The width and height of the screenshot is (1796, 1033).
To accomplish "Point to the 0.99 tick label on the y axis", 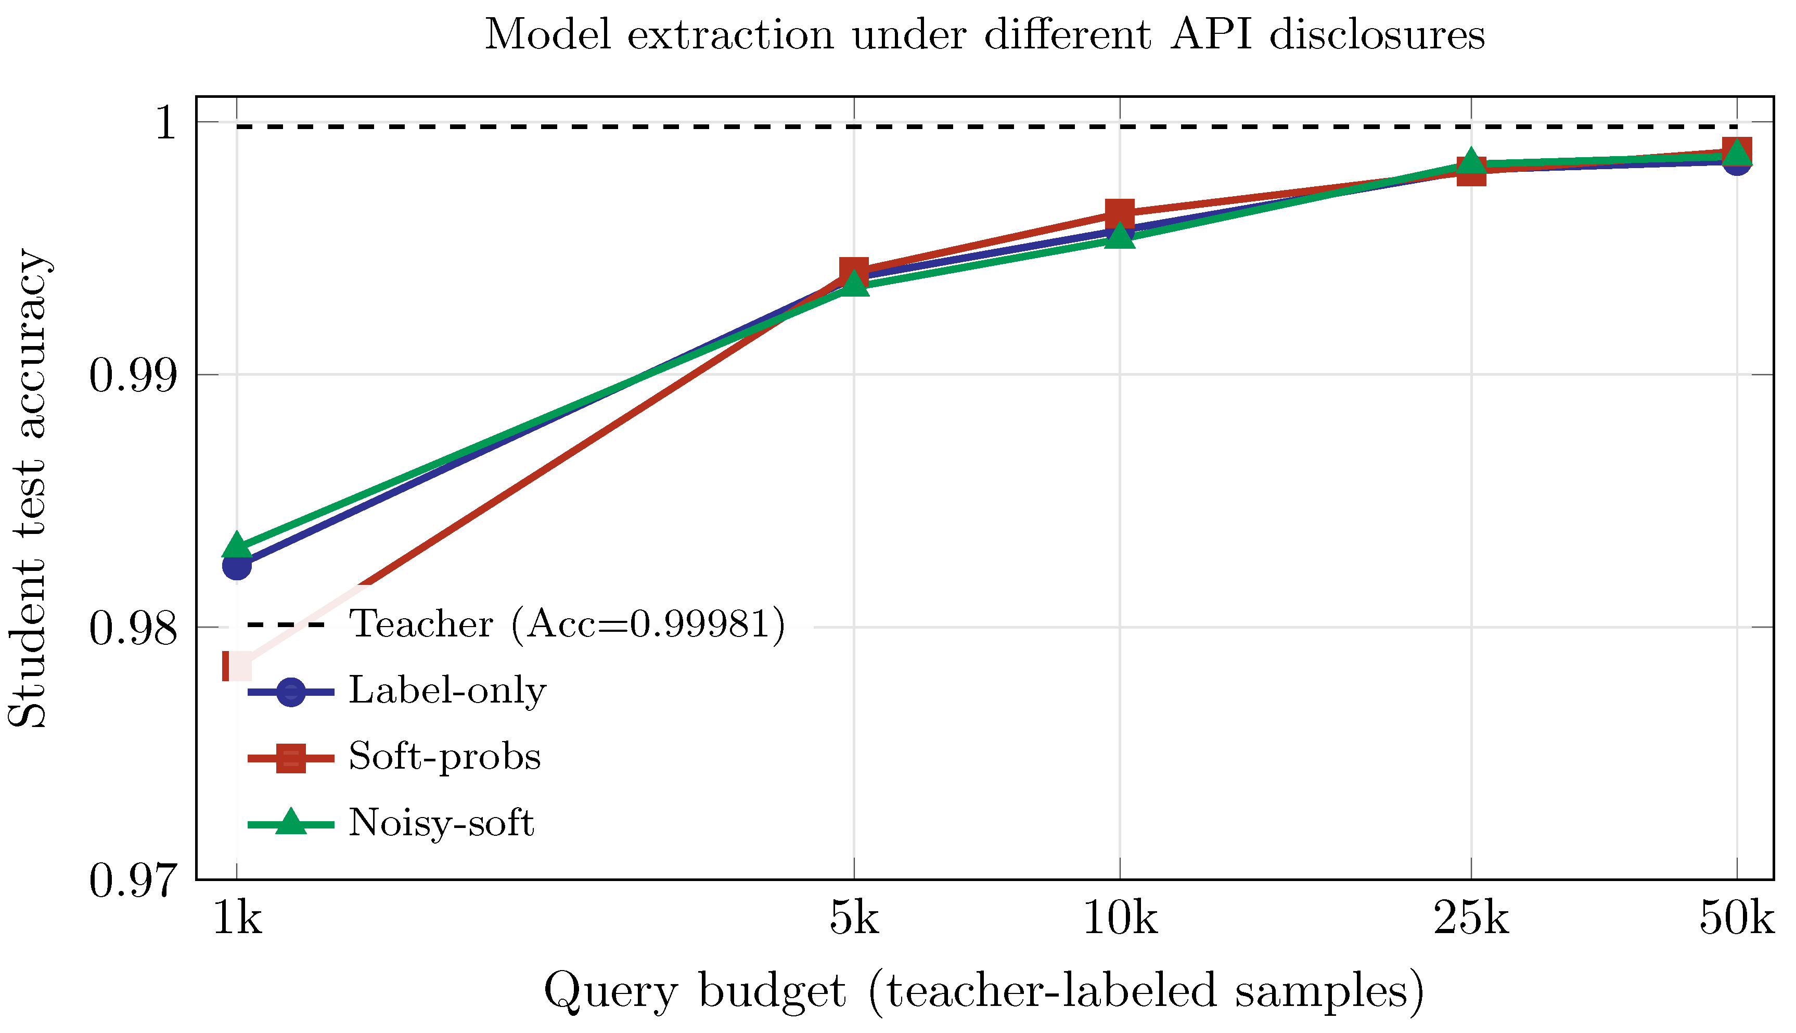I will click(x=133, y=375).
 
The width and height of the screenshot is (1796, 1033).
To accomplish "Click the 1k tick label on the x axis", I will click(x=237, y=920).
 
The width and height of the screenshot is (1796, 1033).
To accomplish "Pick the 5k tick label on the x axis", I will click(x=854, y=920).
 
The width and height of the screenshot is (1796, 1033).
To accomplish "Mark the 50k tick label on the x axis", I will click(x=1736, y=920).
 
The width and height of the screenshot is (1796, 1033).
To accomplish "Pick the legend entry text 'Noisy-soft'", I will click(x=441, y=823).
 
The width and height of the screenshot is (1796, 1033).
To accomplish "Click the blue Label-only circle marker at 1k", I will click(x=237, y=566).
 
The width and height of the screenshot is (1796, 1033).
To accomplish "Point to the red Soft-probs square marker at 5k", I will click(x=854, y=271).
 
